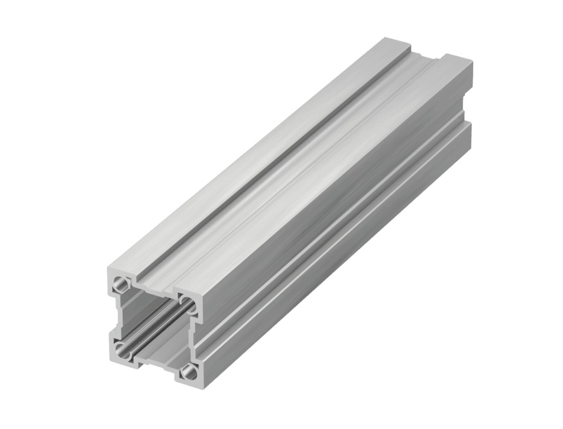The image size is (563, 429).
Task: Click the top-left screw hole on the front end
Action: [119, 283]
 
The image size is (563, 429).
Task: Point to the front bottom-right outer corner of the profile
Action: [198, 383]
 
